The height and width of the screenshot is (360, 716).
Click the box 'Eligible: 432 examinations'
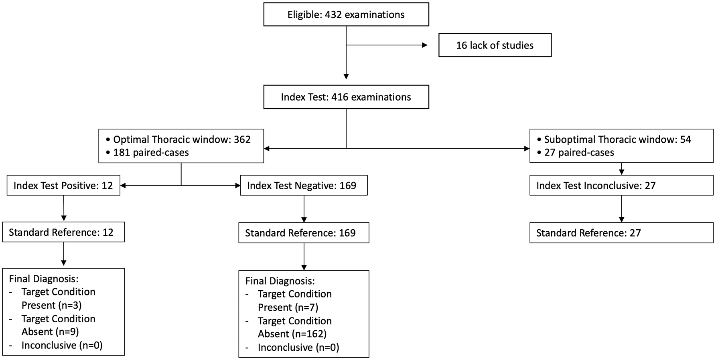[x=346, y=15]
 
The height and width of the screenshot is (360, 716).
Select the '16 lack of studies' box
[x=495, y=45]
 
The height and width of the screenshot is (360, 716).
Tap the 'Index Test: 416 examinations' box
[x=346, y=97]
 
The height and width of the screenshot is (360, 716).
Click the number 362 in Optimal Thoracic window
[x=242, y=140]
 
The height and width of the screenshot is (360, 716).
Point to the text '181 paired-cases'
[x=151, y=152]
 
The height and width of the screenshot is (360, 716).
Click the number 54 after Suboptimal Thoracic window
[x=686, y=140]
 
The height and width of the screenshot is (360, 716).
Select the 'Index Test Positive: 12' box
[x=63, y=186]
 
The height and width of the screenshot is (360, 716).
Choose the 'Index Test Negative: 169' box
[x=304, y=186]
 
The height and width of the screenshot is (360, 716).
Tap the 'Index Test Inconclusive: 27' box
[x=621, y=186]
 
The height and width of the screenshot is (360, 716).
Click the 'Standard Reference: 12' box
[x=63, y=232]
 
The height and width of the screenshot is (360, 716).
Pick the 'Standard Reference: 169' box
[x=304, y=233]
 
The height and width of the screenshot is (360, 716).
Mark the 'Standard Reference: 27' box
[x=621, y=233]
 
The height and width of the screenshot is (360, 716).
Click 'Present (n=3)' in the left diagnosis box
[x=51, y=305]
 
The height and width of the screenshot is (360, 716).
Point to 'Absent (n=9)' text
[x=50, y=332]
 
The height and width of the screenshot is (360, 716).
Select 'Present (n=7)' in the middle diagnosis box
[x=288, y=307]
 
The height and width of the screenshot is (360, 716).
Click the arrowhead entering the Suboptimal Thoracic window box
[x=527, y=149]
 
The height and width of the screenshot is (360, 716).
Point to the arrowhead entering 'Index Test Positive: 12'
[x=123, y=186]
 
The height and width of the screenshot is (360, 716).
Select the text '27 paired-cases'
[x=579, y=152]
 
